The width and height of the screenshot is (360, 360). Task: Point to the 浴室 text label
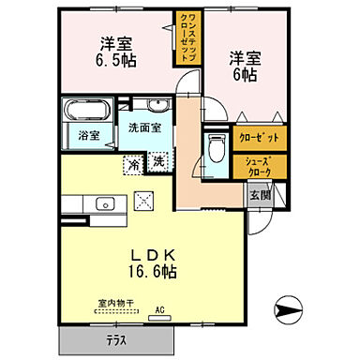pos(90,136)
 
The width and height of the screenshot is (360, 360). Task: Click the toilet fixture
pos(216,145)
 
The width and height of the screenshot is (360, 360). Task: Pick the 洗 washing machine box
pos(158,160)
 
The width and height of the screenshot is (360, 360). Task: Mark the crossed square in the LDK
pos(144,199)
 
